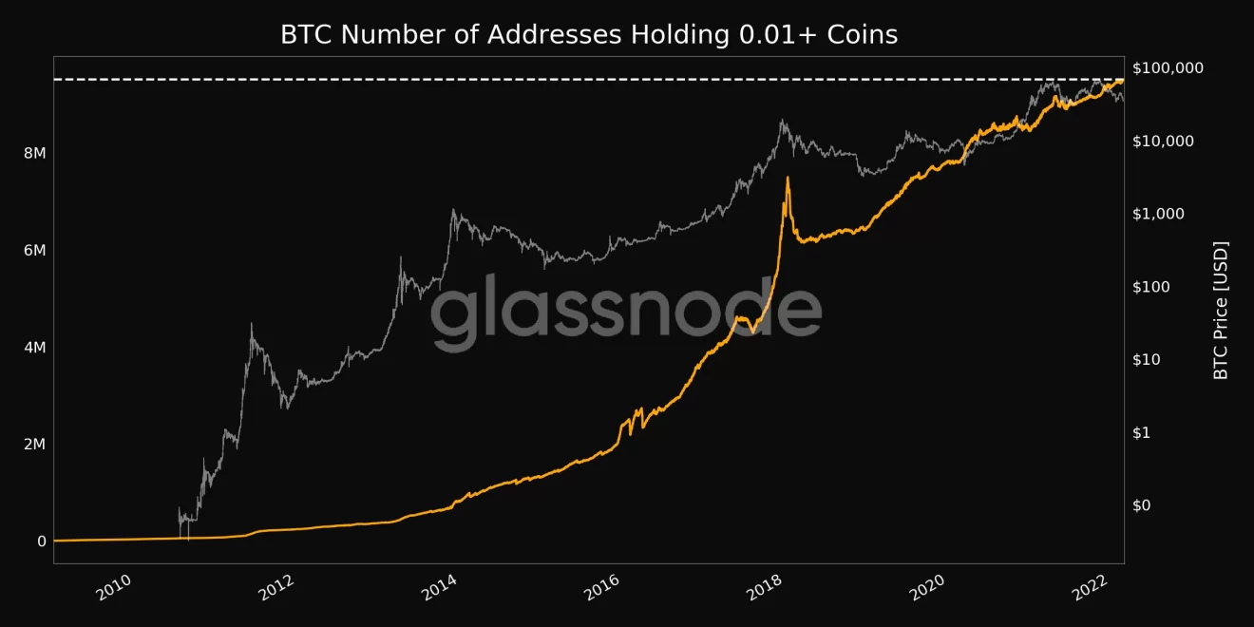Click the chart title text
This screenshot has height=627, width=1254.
[x=588, y=35]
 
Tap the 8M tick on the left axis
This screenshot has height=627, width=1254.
[x=34, y=154]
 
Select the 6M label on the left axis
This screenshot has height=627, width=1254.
[x=34, y=251]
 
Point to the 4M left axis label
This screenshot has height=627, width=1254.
[x=34, y=348]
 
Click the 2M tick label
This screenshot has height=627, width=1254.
[x=34, y=445]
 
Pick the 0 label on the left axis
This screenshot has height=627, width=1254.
[x=41, y=541]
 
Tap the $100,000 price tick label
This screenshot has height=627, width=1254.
[x=1168, y=68]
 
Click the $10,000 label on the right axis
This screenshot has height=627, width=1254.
[x=1164, y=142]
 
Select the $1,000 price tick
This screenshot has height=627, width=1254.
[x=1159, y=214]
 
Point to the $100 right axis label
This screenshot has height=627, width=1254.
[x=1154, y=287]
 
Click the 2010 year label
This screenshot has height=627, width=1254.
[x=112, y=589]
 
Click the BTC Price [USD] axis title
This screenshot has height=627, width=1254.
[x=1222, y=311]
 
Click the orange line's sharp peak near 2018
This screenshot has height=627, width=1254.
[x=788, y=178]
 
